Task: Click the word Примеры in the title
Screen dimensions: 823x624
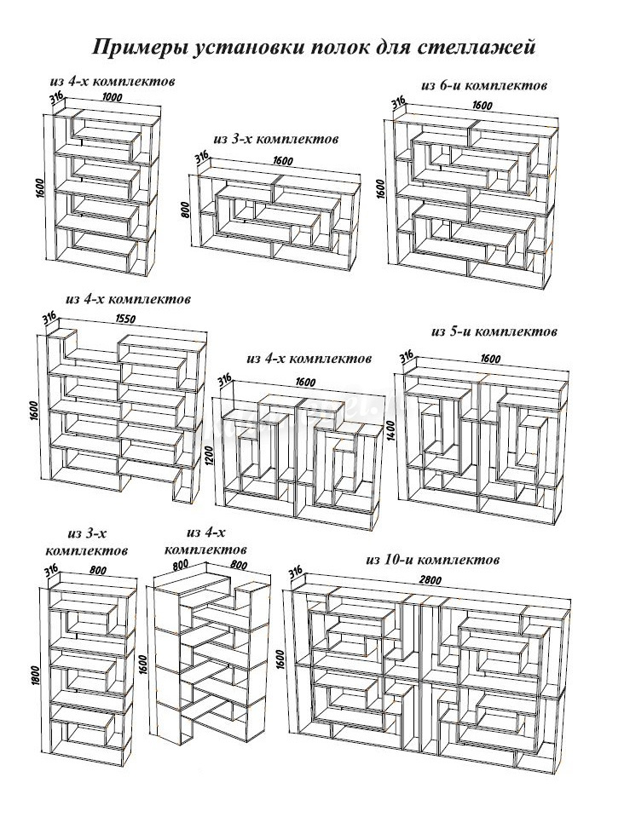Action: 136,47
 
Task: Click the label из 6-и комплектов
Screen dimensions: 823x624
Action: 483,85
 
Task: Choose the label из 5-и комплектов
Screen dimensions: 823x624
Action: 494,331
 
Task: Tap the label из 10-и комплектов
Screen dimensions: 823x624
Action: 431,560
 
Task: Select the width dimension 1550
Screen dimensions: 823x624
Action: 124,319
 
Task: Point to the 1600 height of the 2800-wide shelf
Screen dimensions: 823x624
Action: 280,660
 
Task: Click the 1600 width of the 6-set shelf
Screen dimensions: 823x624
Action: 482,106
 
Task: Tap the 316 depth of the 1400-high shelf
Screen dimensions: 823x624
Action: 407,355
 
